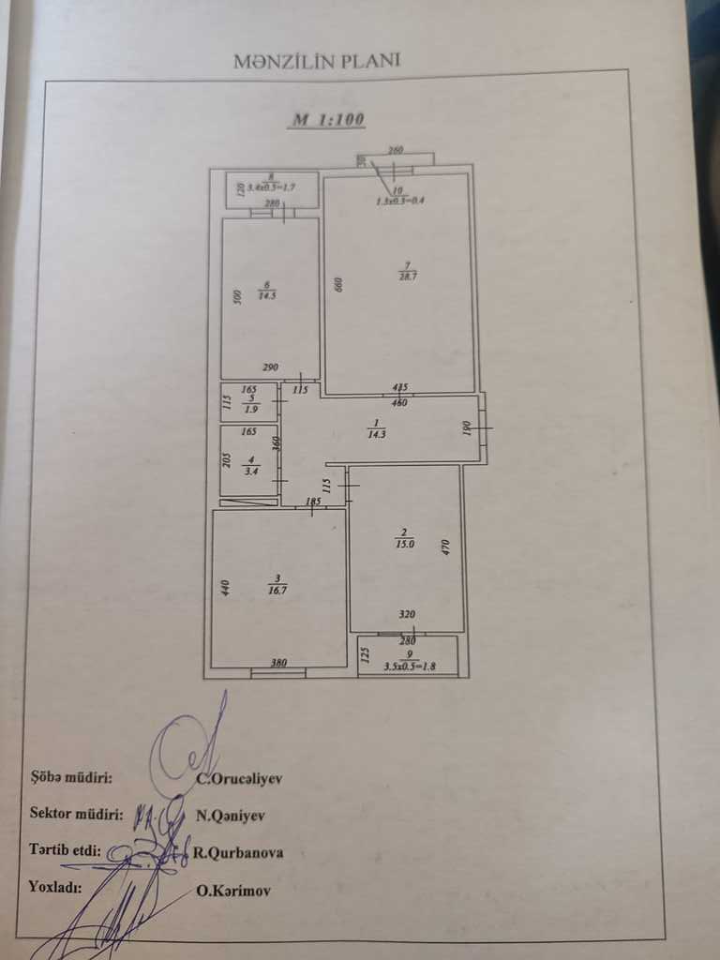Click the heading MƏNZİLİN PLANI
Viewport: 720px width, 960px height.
[x=317, y=61]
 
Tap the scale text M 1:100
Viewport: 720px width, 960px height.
[x=327, y=120]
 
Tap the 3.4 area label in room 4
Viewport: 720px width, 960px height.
[x=249, y=471]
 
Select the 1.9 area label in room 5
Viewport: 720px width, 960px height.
[x=249, y=409]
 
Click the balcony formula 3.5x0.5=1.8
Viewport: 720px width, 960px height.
[x=409, y=668]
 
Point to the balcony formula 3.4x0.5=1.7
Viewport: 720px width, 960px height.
[x=271, y=187]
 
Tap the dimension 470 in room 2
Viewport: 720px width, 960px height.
[x=447, y=547]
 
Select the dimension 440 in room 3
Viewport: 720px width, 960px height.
[x=225, y=589]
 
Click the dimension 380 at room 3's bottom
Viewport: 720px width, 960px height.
[x=278, y=662]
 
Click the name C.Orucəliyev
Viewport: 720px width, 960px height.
[x=238, y=777]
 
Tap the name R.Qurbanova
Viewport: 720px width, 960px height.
[x=238, y=853]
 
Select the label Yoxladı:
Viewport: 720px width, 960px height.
[x=55, y=886]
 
